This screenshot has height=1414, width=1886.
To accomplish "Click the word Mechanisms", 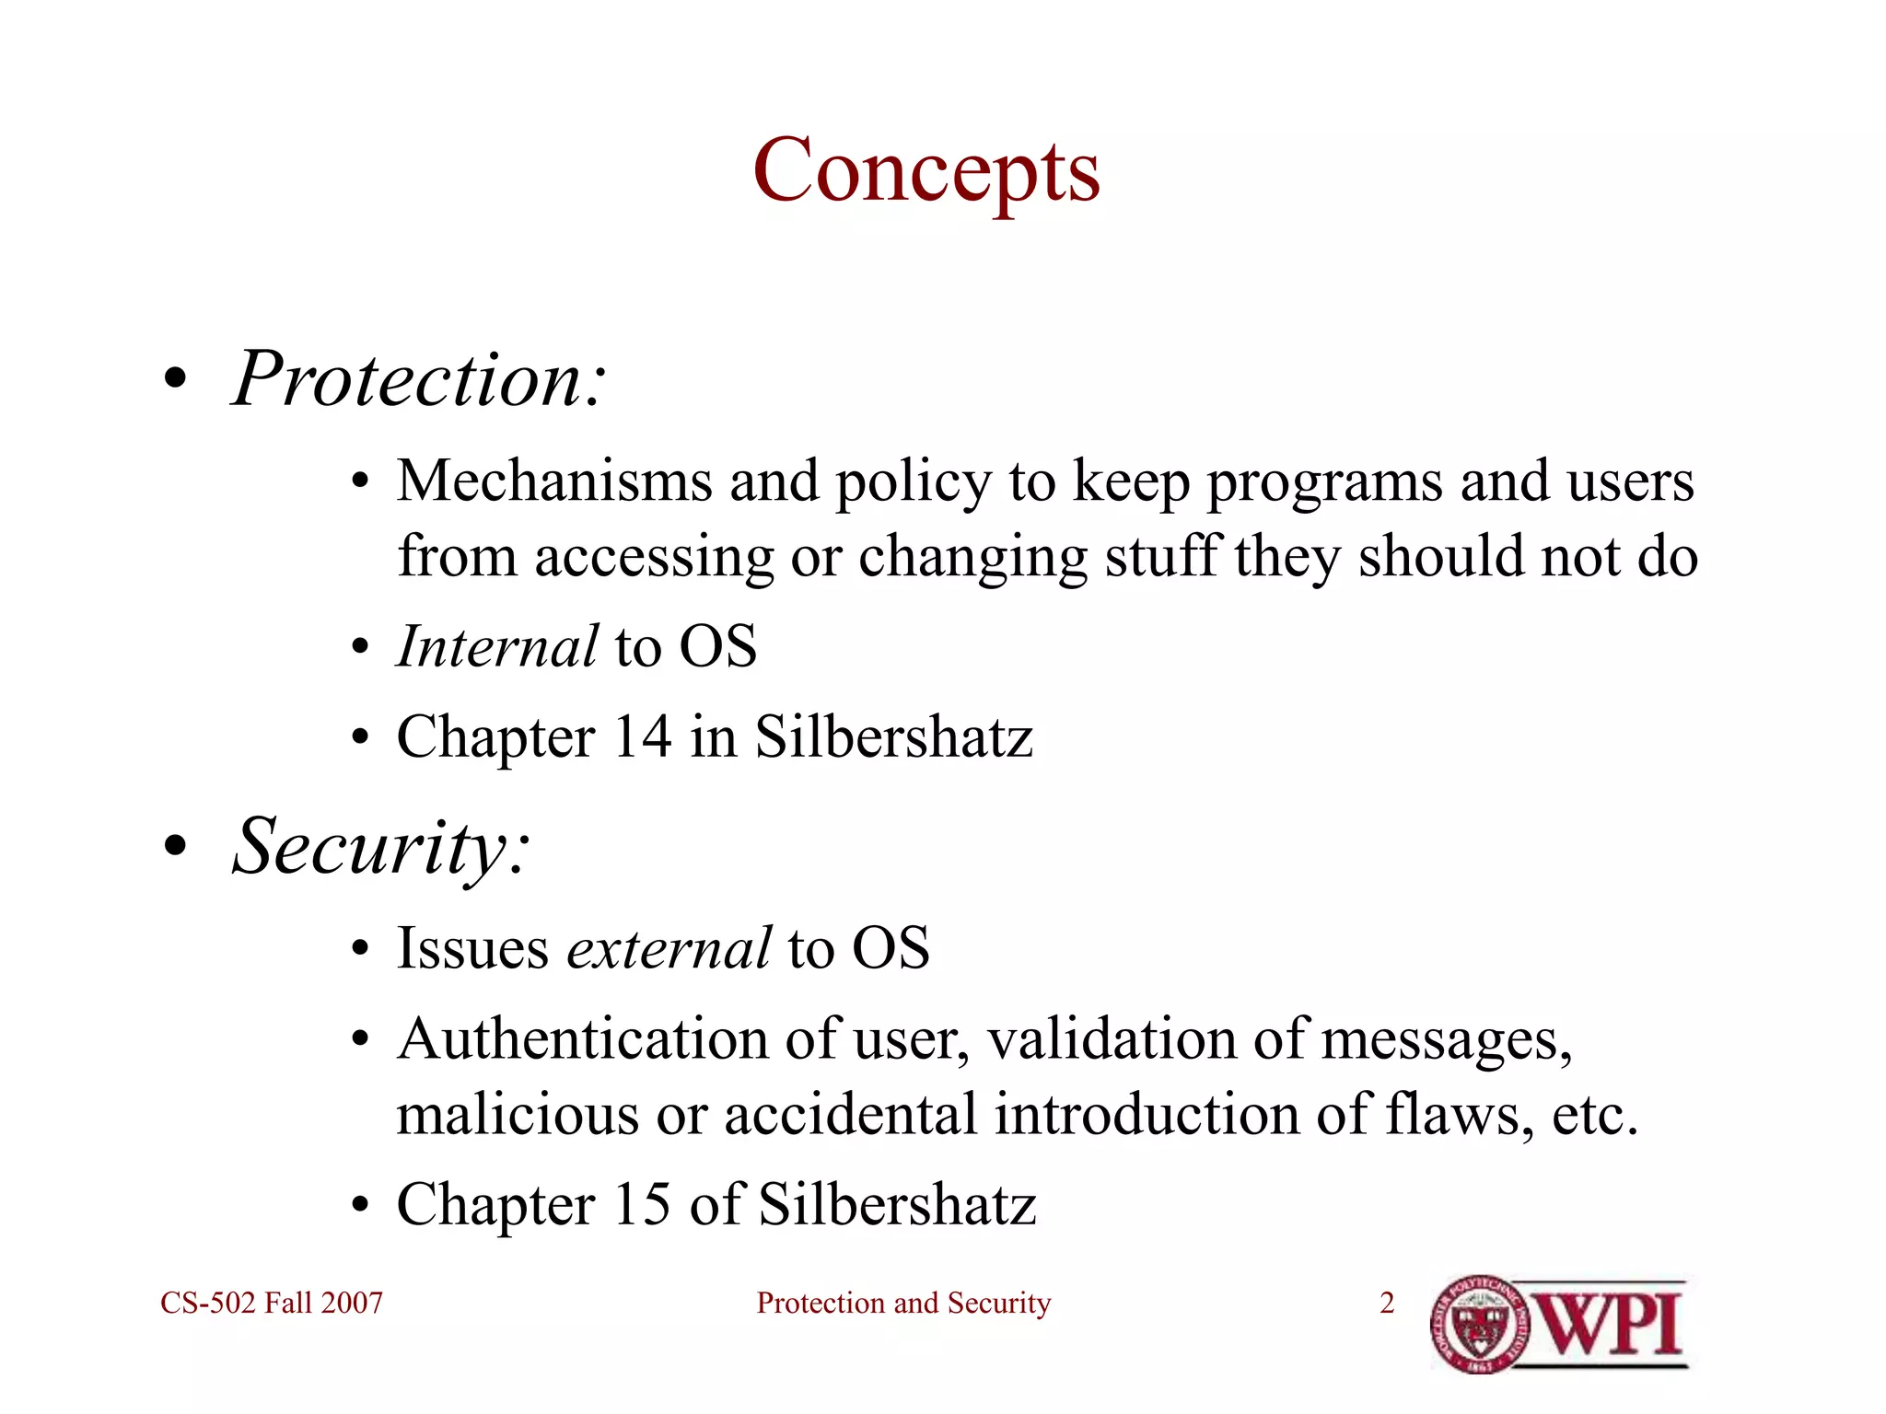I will pyautogui.click(x=554, y=481).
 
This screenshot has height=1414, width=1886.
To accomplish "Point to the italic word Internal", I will pyautogui.click(x=497, y=646).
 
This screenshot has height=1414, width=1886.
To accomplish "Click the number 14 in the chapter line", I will pyautogui.click(x=642, y=736).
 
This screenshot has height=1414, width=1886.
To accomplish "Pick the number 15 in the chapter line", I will pyautogui.click(x=642, y=1203).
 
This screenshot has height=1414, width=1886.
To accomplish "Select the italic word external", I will pyautogui.click(x=669, y=948).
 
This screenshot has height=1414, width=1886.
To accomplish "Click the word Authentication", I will pyautogui.click(x=582, y=1039).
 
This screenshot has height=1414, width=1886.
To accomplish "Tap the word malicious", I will pyautogui.click(x=518, y=1115).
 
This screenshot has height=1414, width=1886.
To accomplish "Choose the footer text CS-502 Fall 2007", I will pyautogui.click(x=272, y=1303).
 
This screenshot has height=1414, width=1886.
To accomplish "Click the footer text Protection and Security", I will pyautogui.click(x=903, y=1303).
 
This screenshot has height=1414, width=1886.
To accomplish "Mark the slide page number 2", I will pyautogui.click(x=1387, y=1303).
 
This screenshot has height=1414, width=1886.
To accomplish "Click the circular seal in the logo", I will pyautogui.click(x=1481, y=1325).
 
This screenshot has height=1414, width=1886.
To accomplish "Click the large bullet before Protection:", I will pyautogui.click(x=175, y=380).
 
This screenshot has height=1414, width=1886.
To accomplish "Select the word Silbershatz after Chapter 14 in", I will pyautogui.click(x=893, y=736).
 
